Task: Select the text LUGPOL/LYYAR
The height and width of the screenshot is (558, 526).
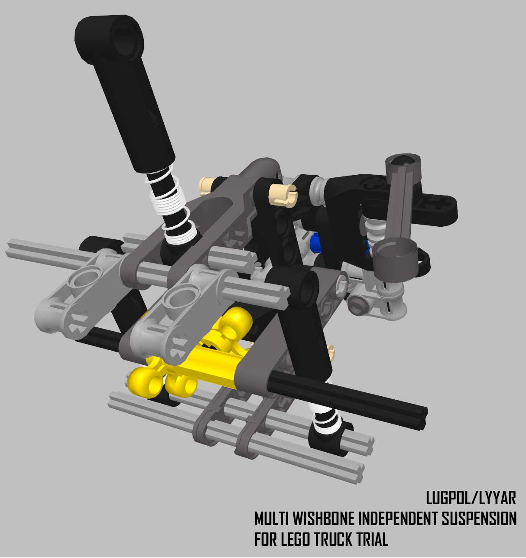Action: point(471,498)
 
